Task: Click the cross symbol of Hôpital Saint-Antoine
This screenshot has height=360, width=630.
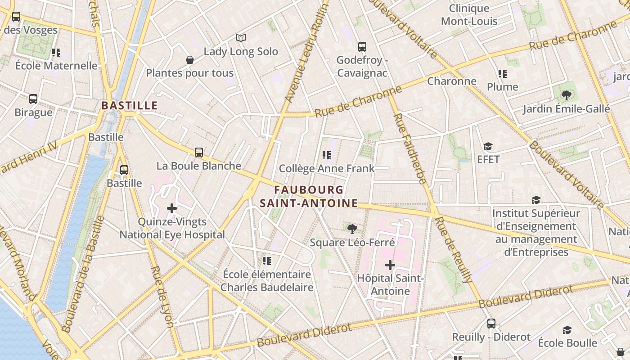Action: point(390,265)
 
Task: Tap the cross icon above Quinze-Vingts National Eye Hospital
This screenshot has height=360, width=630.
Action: point(171,208)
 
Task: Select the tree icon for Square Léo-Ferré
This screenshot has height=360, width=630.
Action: point(352,229)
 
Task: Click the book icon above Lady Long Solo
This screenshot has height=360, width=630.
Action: point(241,38)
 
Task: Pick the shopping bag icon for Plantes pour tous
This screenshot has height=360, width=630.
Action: point(190,60)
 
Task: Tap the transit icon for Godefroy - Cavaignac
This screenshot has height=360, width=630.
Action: point(362,46)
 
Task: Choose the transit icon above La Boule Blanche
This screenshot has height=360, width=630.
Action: point(199,153)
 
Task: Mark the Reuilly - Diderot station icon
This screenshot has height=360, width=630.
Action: point(491,324)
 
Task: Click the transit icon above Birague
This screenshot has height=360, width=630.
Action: point(33,99)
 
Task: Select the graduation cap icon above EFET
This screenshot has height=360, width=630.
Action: point(488,146)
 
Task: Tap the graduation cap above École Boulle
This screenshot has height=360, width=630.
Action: point(567,330)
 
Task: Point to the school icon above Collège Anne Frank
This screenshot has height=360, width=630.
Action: point(327,155)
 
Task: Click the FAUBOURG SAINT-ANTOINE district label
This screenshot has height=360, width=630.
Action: point(309,197)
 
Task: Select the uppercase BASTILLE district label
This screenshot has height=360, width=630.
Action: point(130,106)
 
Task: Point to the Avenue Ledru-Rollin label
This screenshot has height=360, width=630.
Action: point(308,52)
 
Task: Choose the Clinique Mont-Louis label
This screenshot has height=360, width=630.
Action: point(469,15)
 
